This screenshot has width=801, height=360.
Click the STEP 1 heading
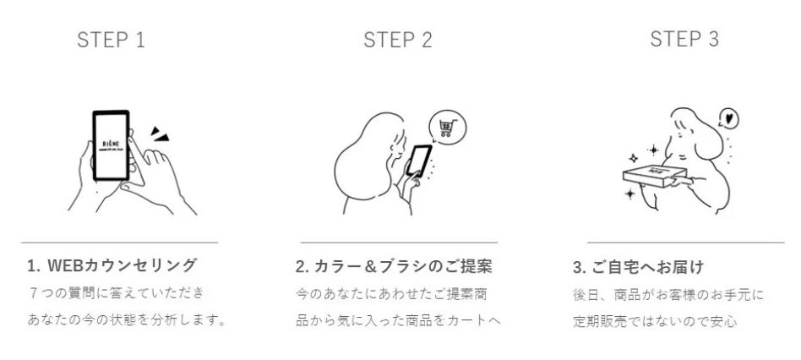point(110,40)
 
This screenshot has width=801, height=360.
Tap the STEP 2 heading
point(397,40)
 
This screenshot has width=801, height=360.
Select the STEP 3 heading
point(684,39)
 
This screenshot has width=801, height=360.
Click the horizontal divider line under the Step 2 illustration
point(399,243)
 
